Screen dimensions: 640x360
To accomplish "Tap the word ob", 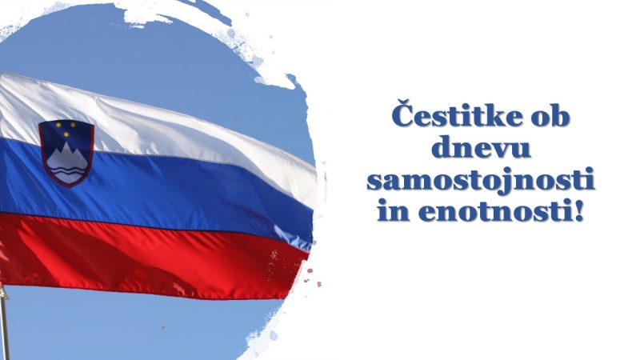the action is [550, 117].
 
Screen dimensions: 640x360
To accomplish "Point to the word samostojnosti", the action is [481, 180].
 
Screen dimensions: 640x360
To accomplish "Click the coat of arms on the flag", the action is [66, 153].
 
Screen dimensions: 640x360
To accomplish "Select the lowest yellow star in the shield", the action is [66, 134].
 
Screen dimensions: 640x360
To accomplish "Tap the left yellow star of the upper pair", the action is [58, 125].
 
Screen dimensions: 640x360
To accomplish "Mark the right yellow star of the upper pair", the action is [74, 124].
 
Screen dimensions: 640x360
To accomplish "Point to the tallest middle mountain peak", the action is [66, 146].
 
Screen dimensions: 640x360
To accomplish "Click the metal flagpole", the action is [5, 322].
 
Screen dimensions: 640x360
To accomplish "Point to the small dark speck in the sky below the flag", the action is [164, 327].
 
